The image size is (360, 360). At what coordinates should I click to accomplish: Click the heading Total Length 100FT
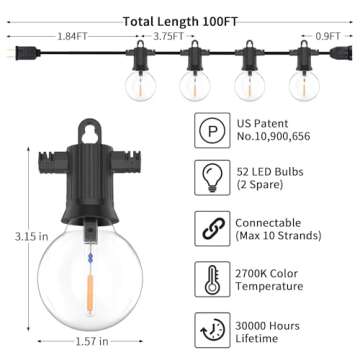(x=180, y=21)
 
